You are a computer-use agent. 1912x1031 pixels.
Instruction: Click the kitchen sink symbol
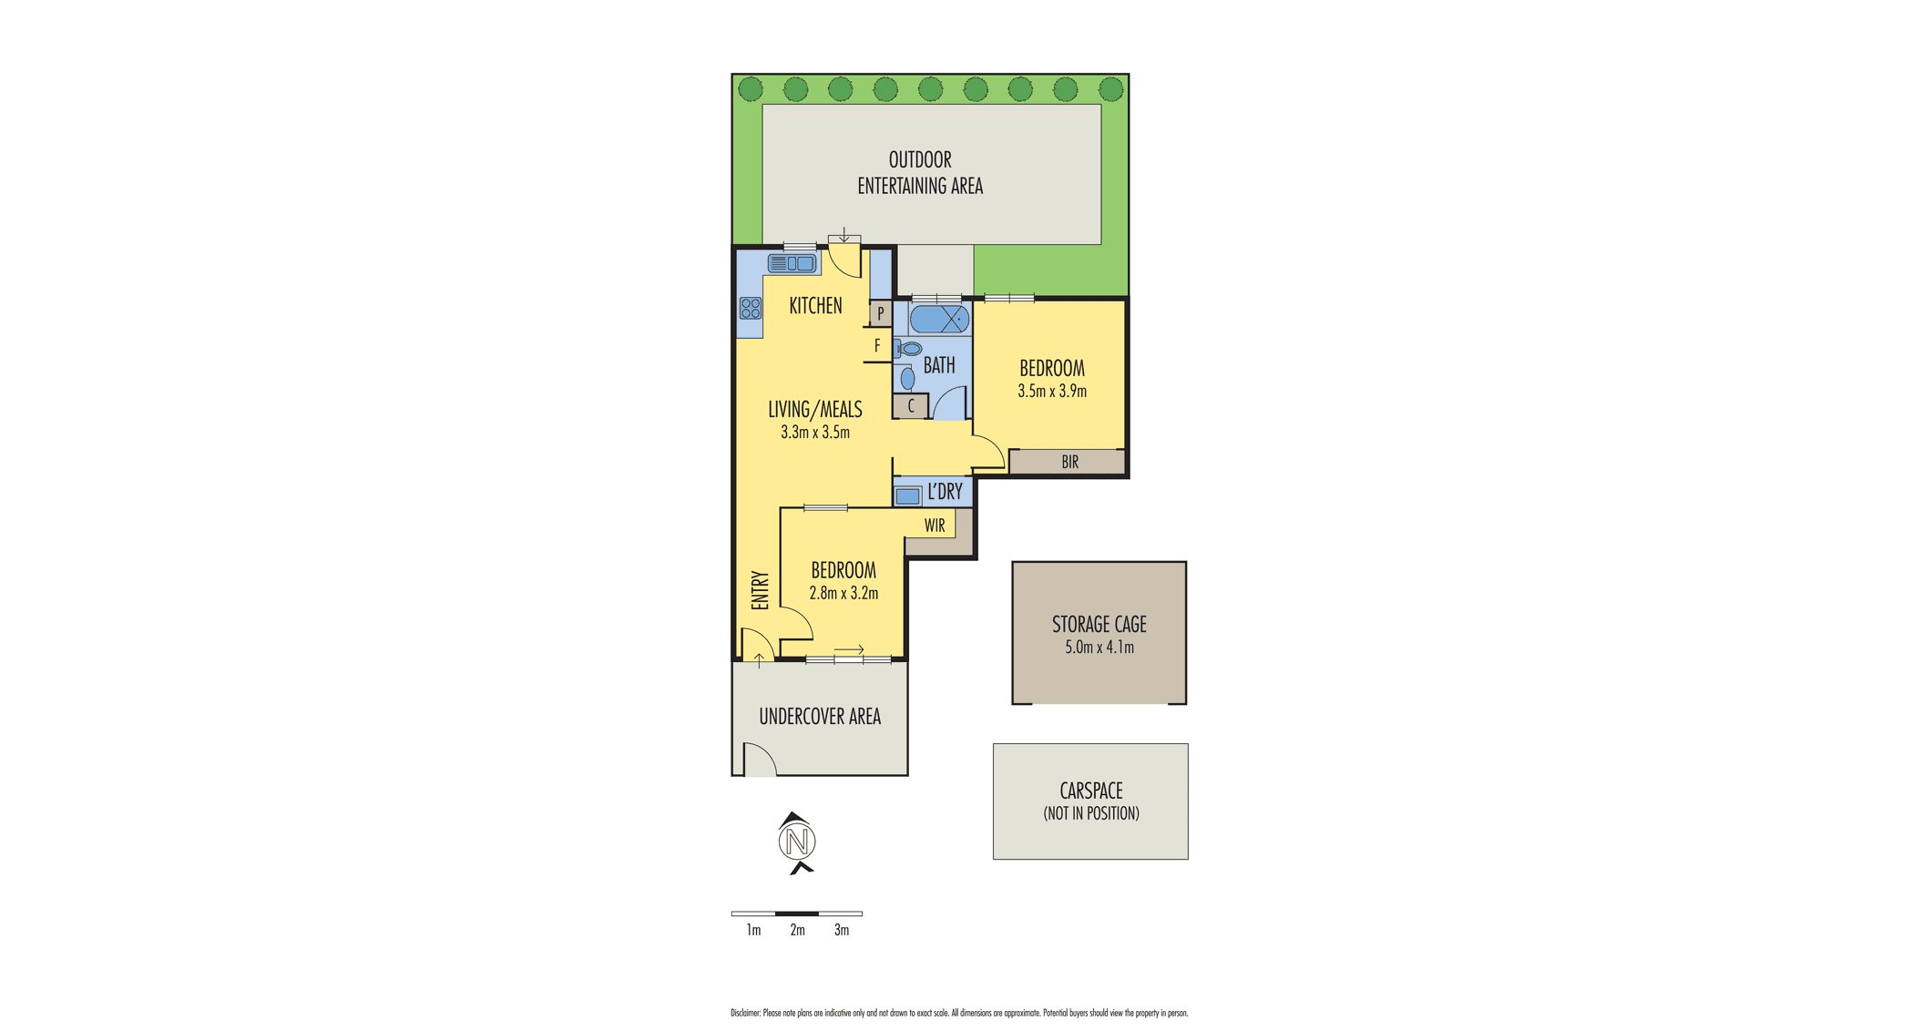(x=792, y=263)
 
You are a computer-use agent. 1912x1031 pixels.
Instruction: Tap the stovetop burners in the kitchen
(x=750, y=308)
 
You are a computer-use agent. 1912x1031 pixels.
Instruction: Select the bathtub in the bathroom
(x=939, y=320)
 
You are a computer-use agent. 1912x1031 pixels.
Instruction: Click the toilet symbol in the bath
(x=908, y=349)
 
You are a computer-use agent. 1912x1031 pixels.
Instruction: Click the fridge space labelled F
(x=877, y=346)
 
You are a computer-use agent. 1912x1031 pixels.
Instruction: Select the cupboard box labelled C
(x=910, y=406)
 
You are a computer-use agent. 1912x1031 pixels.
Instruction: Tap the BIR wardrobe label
(x=1069, y=462)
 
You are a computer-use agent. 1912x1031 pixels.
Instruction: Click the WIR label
(x=935, y=526)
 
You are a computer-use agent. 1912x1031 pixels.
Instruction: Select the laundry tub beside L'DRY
(x=907, y=496)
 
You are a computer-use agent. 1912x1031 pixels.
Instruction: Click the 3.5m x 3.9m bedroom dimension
(x=1052, y=392)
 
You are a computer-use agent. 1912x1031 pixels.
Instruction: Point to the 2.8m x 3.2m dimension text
(x=844, y=594)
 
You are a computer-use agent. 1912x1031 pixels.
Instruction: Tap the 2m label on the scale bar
(x=797, y=930)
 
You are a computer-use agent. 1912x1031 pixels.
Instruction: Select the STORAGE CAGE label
(x=1099, y=625)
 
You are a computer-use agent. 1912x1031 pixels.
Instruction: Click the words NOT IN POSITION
(x=1091, y=813)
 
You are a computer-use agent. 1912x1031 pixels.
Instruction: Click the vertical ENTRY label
(x=760, y=590)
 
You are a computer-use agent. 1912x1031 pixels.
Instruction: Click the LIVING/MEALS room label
(x=814, y=410)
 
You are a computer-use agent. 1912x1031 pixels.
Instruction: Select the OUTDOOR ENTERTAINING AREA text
(x=920, y=172)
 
